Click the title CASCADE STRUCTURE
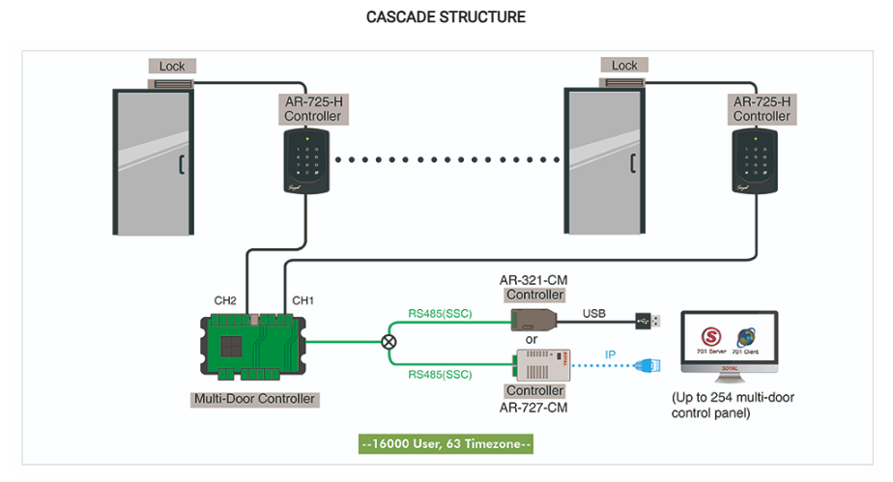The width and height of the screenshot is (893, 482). point(446,17)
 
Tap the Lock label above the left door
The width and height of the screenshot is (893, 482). point(172,67)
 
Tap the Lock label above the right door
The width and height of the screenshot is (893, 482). point(624,66)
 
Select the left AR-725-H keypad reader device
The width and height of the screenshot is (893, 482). point(308,161)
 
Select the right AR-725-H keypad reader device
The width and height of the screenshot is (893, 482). point(757,161)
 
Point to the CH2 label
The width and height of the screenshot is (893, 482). point(225,300)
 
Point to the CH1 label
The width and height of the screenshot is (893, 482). point(302,300)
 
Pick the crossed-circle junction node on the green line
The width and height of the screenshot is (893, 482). point(389,342)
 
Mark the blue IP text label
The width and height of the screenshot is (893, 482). point(611,354)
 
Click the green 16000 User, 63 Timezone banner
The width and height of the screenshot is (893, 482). point(446,444)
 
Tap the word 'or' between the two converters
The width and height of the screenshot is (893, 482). point(532,340)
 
